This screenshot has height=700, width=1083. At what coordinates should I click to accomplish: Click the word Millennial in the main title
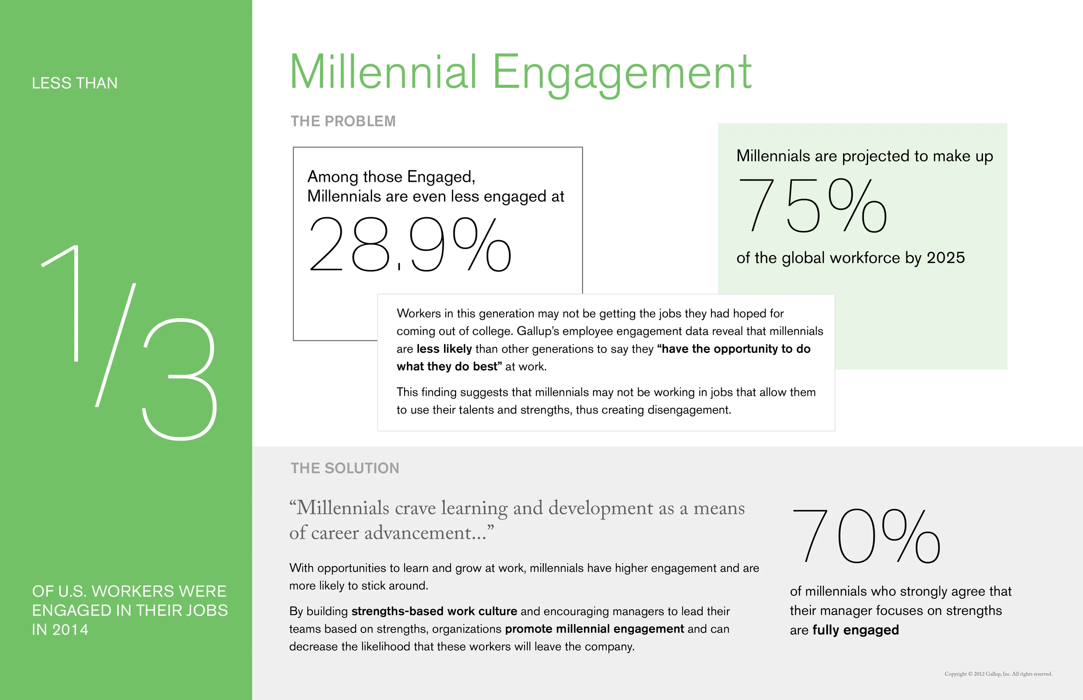pos(383,73)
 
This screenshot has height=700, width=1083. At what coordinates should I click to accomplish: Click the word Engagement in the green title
pos(622,73)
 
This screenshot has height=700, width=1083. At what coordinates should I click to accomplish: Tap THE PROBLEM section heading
pos(343,122)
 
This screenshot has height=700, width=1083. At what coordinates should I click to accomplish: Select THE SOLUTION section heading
pos(345,468)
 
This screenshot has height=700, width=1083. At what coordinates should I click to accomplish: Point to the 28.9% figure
pos(409,244)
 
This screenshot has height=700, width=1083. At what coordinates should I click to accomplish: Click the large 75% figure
pos(812,206)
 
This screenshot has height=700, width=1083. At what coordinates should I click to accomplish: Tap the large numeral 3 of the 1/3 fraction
pos(180,379)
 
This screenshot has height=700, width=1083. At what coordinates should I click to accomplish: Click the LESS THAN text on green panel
pos(75,83)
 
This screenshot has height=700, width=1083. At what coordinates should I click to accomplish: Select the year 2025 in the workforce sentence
pos(946,258)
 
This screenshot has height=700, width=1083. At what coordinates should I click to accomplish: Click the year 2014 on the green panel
pos(70,629)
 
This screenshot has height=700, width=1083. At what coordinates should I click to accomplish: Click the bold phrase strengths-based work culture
pos(434,611)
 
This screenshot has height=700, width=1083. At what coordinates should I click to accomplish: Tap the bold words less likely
pos(444,349)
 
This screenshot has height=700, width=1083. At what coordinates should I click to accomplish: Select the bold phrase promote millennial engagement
pos(594,629)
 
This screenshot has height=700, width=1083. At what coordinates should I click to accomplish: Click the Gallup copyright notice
pos(998,674)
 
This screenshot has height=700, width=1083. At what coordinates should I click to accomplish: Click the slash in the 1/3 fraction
pos(116,345)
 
